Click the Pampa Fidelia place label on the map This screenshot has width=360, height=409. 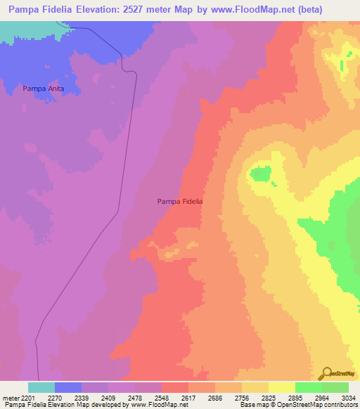(x=179, y=201)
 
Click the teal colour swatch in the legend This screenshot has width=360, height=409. (x=41, y=387)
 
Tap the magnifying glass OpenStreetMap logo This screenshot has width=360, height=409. (x=327, y=372)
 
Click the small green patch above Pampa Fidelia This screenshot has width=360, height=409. (x=262, y=174)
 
